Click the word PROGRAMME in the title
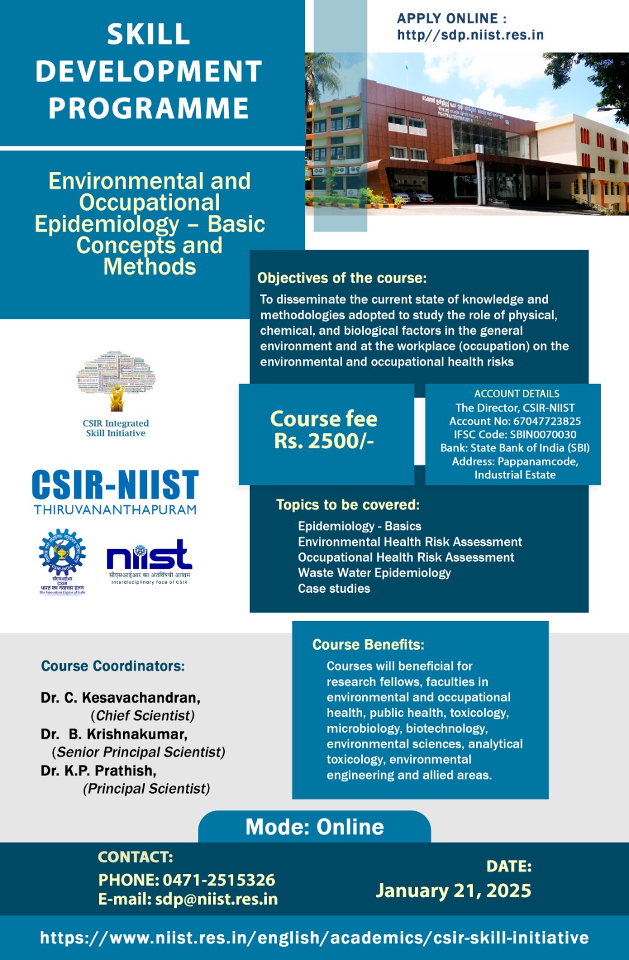(149, 109)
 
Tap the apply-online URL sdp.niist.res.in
(470, 35)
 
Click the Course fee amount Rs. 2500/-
(324, 441)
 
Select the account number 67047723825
(547, 421)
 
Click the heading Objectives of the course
(342, 278)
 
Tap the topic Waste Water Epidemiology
(374, 573)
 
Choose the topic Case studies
(334, 589)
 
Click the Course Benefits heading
(368, 644)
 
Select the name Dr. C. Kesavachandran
(121, 698)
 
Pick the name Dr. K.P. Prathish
(98, 770)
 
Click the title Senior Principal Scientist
(139, 752)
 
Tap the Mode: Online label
(315, 827)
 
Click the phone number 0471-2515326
(219, 880)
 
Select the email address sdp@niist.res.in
(216, 899)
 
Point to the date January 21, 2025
(453, 891)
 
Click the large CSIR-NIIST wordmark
(115, 485)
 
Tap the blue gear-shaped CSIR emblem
(62, 553)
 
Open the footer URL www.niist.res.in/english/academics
(314, 938)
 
